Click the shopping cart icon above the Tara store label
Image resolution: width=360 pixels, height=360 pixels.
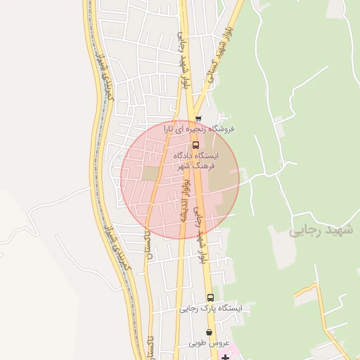tap(198, 119)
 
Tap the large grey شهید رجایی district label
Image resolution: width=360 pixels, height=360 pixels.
tap(323, 231)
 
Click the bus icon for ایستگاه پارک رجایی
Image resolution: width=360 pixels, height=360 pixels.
tap(210, 297)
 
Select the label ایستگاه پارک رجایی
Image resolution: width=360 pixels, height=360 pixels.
tap(210, 308)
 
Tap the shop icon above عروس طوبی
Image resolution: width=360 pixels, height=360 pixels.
tap(209, 333)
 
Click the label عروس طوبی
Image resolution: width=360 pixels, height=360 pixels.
tap(209, 344)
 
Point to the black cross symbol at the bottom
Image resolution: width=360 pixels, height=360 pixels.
tap(224, 357)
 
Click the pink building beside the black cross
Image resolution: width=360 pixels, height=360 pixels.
tap(235, 352)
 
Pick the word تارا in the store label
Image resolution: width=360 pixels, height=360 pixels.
tap(172, 129)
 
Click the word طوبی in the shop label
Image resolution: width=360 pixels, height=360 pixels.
tap(198, 344)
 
